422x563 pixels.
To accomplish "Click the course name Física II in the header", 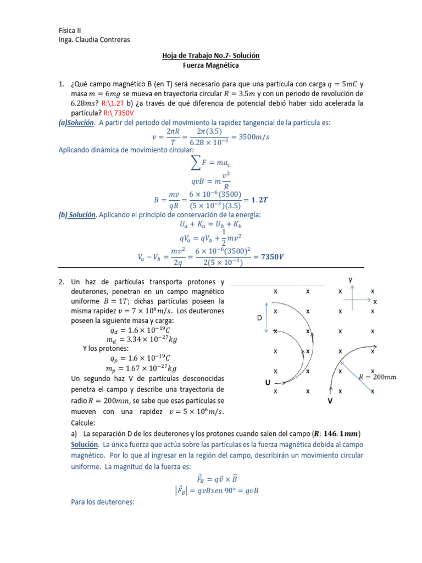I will (x=70, y=30).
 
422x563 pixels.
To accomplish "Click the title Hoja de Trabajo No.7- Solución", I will (x=210, y=56).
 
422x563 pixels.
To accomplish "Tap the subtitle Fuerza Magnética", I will (x=210, y=65).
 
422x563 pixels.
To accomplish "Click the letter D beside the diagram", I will (x=259, y=318).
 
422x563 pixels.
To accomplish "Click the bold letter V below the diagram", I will (x=330, y=401).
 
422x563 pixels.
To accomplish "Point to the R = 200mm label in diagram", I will (x=377, y=377).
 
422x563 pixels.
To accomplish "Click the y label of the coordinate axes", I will (x=349, y=279).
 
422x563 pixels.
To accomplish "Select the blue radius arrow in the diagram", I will (x=357, y=377).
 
